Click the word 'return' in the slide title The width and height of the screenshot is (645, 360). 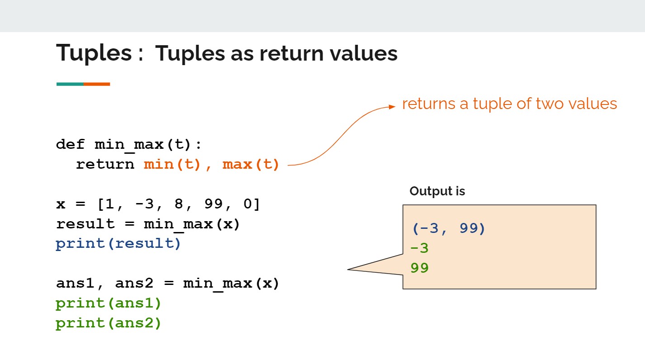tap(291, 53)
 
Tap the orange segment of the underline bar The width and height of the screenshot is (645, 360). tap(97, 84)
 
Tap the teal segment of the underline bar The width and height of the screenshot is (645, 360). tap(70, 84)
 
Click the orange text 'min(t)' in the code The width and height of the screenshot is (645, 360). tap(172, 165)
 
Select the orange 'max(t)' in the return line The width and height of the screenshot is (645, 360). tap(251, 165)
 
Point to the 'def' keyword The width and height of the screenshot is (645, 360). tap(70, 144)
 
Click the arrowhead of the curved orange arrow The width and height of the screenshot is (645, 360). tap(392, 107)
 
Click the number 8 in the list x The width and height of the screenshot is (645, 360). tap(179, 204)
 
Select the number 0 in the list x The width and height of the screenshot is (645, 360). tap(247, 204)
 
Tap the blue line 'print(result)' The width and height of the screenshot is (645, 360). tap(118, 244)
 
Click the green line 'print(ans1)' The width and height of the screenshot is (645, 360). tap(108, 303)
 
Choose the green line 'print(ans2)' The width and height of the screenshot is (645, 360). tap(108, 323)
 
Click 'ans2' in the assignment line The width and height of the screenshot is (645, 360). tap(134, 284)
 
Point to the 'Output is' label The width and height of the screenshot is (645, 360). tap(437, 191)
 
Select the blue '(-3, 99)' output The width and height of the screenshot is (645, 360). tap(449, 229)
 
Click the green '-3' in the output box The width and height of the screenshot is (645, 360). tap(420, 248)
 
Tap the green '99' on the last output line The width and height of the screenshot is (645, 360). tap(420, 268)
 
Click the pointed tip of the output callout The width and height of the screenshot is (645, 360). tap(348, 269)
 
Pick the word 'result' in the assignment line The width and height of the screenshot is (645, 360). tap(85, 224)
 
